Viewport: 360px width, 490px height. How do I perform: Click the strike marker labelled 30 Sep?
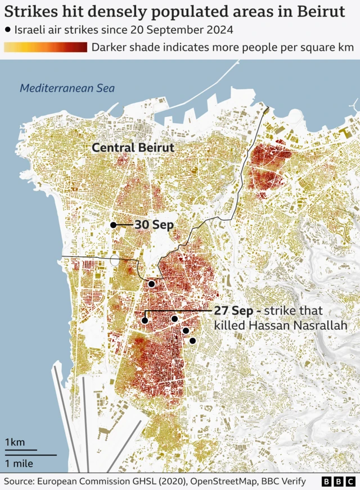pos(113,225)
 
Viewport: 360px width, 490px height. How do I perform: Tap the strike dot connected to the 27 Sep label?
pos(145,320)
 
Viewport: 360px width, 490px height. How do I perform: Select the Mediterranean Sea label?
pos(67,88)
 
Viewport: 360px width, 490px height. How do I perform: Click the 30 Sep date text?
pos(153,225)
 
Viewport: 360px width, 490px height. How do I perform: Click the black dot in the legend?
pos(7,29)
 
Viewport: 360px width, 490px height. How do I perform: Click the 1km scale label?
pos(15,442)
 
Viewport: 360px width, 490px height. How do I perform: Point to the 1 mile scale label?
pos(19,464)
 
